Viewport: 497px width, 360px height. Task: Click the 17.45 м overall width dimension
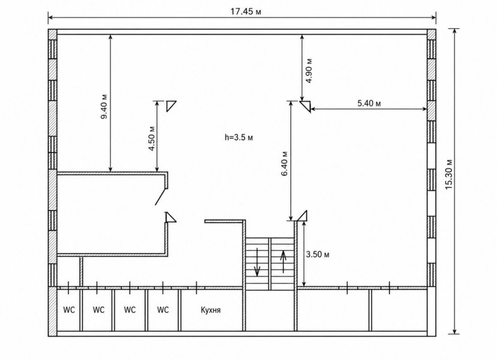tap(245, 12)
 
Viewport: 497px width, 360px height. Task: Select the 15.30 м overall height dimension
tap(449, 174)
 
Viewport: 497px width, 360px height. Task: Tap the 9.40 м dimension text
tap(104, 106)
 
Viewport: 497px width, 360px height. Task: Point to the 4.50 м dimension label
tap(152, 139)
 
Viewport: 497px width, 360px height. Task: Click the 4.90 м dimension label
tap(309, 70)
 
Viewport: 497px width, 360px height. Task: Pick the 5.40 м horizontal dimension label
tap(369, 103)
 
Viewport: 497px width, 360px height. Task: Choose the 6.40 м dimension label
tap(285, 163)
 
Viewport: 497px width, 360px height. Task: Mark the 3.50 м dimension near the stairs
tap(318, 254)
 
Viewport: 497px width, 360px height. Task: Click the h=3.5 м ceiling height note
tap(239, 137)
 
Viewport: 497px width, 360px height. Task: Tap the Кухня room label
tap(211, 310)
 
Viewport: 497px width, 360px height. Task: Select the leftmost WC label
tap(69, 310)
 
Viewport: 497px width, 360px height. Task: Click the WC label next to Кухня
tap(163, 310)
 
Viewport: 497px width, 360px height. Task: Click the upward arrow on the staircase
tap(283, 262)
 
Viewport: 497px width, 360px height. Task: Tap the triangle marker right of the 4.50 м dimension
tap(170, 105)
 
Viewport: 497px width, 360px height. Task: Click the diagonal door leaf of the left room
tap(161, 197)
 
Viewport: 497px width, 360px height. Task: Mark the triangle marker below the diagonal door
tap(170, 217)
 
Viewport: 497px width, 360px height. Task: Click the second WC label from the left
tap(99, 310)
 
